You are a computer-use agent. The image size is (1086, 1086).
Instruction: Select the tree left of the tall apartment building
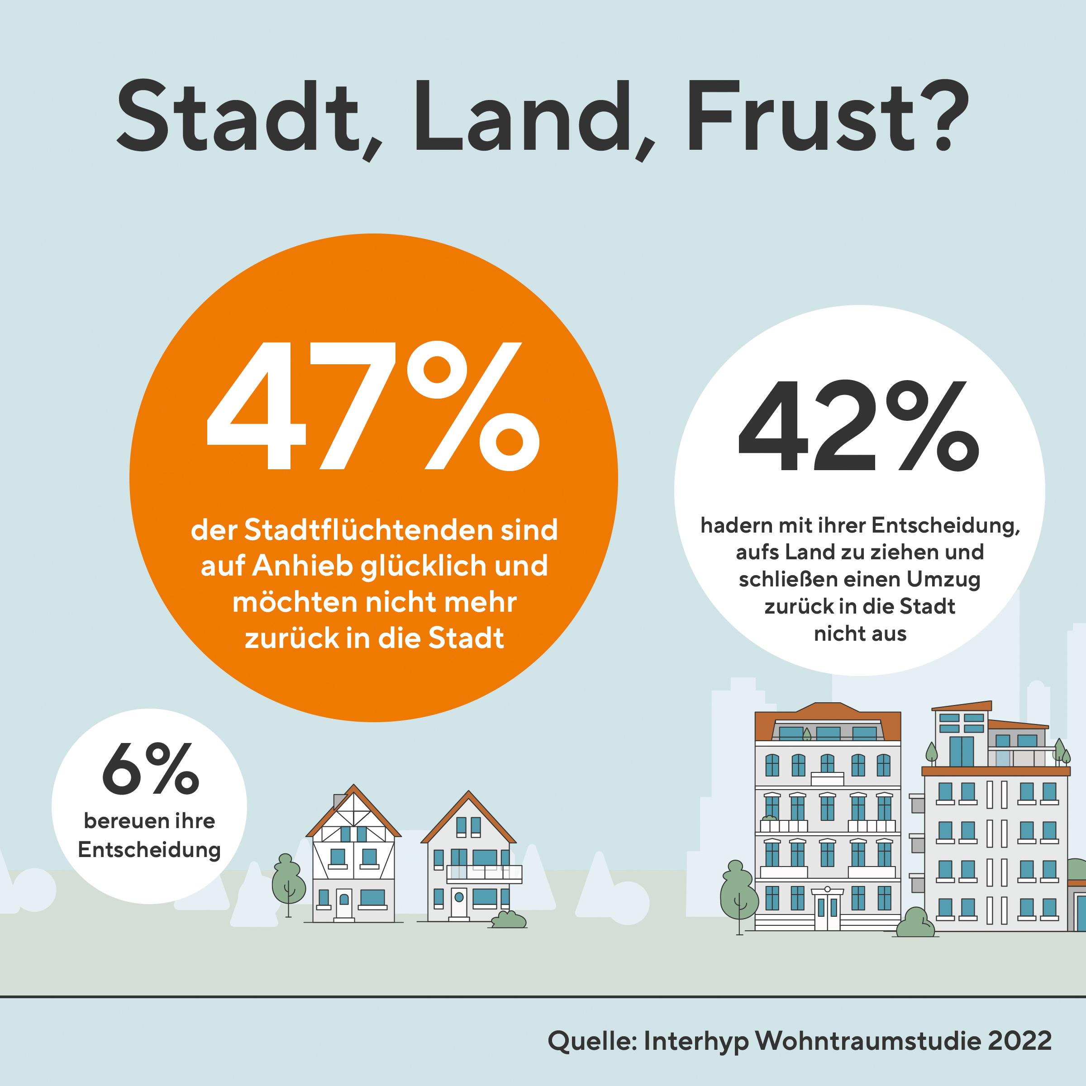[740, 894]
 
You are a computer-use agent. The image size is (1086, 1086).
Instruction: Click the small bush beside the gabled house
[509, 920]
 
